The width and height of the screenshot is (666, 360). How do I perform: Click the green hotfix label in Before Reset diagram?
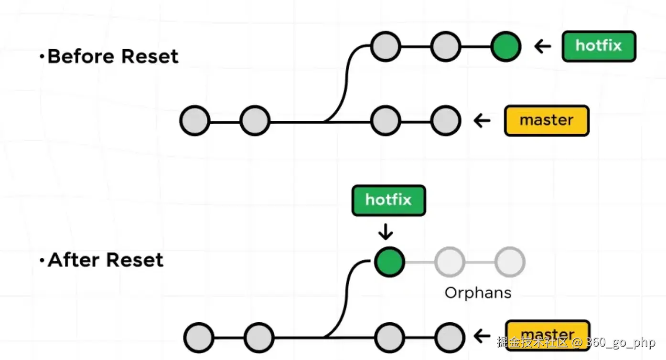pos(599,46)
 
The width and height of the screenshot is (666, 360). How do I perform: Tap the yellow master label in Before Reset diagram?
pos(547,120)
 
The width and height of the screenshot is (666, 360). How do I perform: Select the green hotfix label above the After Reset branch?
pos(388,200)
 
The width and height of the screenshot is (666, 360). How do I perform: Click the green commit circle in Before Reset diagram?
pos(506,46)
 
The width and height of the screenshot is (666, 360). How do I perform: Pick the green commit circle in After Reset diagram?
pos(389,262)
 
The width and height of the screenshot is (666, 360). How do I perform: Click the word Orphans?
pos(478,293)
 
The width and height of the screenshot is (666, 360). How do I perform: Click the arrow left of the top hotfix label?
pos(542,46)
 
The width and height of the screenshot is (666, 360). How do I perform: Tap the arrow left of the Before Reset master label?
pos(482,120)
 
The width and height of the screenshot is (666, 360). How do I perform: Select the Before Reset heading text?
pos(113,56)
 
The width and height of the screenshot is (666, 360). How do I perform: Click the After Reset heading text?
pos(106,260)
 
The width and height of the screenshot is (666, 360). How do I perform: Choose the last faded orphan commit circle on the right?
pos(510,262)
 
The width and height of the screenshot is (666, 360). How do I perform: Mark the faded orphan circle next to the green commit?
pos(450,262)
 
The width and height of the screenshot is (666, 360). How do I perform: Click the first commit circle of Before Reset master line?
pos(195,120)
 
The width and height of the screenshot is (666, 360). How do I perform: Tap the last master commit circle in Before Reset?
pos(446,120)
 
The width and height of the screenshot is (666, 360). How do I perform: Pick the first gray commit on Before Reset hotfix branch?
pos(386,46)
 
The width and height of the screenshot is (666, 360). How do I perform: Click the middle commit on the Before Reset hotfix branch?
pos(445,46)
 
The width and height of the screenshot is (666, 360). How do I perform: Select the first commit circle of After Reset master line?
pos(198,338)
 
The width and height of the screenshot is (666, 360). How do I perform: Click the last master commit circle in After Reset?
pos(450,338)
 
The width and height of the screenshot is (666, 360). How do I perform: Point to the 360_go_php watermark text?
pos(621,342)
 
